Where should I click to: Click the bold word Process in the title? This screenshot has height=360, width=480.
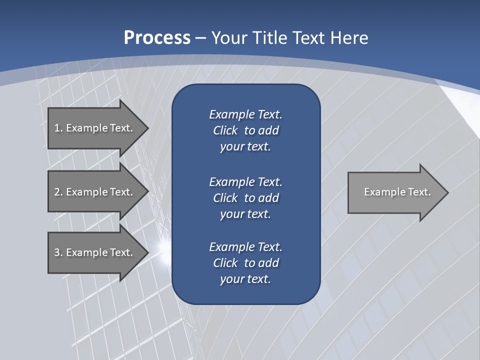coord(157,37)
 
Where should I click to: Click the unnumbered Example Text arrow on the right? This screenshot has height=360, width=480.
coord(397,192)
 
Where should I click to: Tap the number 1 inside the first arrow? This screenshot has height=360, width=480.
coord(56,128)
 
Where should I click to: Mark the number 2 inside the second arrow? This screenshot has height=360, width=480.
coord(56,192)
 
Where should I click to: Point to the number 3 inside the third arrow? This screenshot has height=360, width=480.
coord(56,252)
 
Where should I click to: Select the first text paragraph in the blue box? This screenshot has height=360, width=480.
coord(245,130)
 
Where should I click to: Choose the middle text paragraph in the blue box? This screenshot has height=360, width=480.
coord(245,198)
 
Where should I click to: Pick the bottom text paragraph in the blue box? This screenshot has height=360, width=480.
coord(245,263)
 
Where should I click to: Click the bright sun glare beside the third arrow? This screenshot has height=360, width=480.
coord(162,246)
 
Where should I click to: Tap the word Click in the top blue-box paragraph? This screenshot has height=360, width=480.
coord(225,130)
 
